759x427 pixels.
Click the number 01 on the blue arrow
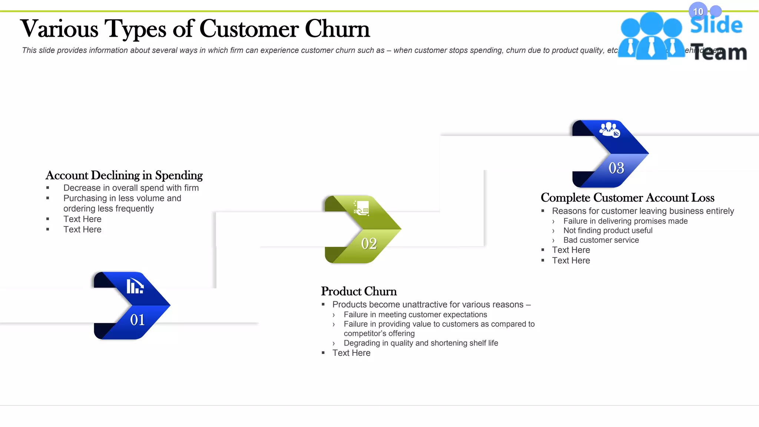pos(137,320)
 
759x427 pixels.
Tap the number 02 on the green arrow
pos(369,244)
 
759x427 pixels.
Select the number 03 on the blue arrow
pos(616,168)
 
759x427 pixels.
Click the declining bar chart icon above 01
pos(135,286)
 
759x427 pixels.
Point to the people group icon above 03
pos(609,129)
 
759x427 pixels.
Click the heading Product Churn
pos(359,291)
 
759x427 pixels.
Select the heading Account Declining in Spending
pos(124,175)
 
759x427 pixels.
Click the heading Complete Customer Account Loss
pos(627,198)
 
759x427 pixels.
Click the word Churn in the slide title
pos(337,29)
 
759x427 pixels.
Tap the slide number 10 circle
pos(698,11)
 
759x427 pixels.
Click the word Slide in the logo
pos(716,25)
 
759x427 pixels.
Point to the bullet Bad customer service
pos(601,240)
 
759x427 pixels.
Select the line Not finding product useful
pos(608,231)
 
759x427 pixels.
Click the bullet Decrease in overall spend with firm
pos(131,188)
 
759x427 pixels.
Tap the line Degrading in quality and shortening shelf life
pos(421,343)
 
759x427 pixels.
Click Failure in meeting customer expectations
pos(415,315)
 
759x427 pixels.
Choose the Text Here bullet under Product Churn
pos(351,353)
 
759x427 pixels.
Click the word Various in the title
pos(59,29)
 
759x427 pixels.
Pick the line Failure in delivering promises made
pos(625,221)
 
